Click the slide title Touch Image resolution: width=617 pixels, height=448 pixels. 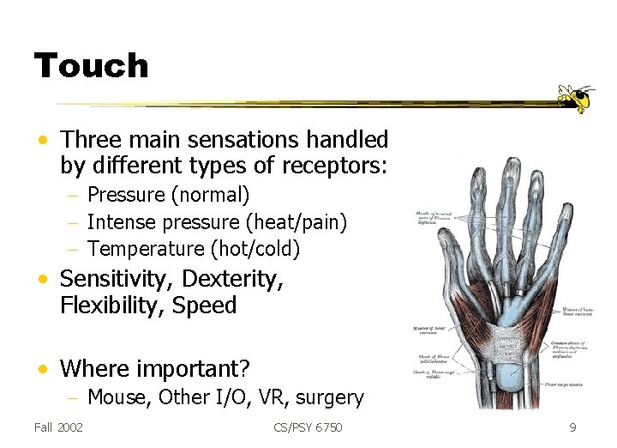click(91, 66)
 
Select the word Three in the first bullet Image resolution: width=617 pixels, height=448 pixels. click(88, 139)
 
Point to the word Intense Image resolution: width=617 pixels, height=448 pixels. click(119, 222)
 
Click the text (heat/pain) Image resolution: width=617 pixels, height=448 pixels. click(297, 222)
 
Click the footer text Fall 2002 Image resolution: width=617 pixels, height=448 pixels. click(58, 427)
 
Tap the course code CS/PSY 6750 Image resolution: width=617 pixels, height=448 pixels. click(308, 427)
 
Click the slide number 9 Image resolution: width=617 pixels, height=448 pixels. click(572, 427)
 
